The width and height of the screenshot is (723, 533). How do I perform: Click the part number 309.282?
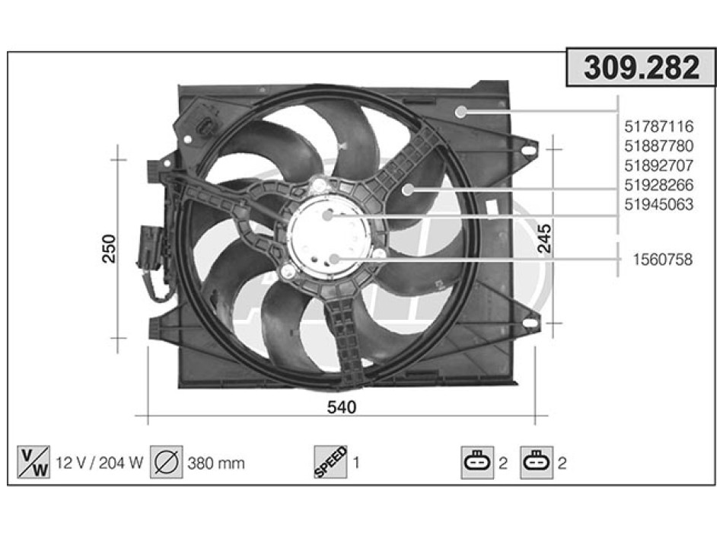(x=642, y=67)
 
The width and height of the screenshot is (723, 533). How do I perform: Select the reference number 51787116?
(x=658, y=126)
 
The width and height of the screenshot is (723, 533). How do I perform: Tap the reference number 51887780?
(x=658, y=146)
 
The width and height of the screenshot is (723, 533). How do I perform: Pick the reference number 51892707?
(x=658, y=165)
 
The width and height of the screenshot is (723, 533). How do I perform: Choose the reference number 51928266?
(x=658, y=184)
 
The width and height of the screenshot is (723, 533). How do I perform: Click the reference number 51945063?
(x=658, y=204)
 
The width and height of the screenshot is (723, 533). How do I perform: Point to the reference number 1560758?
(x=663, y=260)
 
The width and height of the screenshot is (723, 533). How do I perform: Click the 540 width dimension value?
(x=342, y=407)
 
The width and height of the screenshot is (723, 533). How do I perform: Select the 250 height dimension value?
(x=110, y=249)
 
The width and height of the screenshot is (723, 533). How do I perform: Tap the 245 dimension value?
(x=545, y=238)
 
